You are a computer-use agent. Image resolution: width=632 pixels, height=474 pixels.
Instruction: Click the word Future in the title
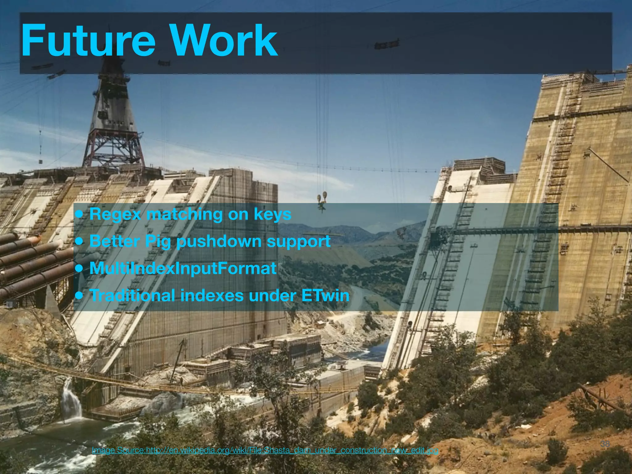[x=88, y=41]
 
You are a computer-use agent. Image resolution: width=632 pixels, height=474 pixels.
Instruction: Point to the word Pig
[x=158, y=242]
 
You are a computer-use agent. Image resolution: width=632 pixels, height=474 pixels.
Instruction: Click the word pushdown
[x=218, y=241]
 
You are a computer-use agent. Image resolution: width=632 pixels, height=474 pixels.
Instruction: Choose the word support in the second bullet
[x=298, y=242]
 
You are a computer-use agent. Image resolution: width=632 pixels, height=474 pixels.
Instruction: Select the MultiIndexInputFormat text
[x=183, y=268]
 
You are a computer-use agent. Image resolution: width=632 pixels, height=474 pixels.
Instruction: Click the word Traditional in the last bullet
[x=132, y=295]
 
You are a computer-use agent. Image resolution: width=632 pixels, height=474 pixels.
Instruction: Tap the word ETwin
[x=325, y=295]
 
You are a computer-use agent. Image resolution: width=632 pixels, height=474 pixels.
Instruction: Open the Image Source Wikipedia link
[x=265, y=451]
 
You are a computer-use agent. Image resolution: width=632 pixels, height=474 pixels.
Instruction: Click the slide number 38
[x=605, y=444]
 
